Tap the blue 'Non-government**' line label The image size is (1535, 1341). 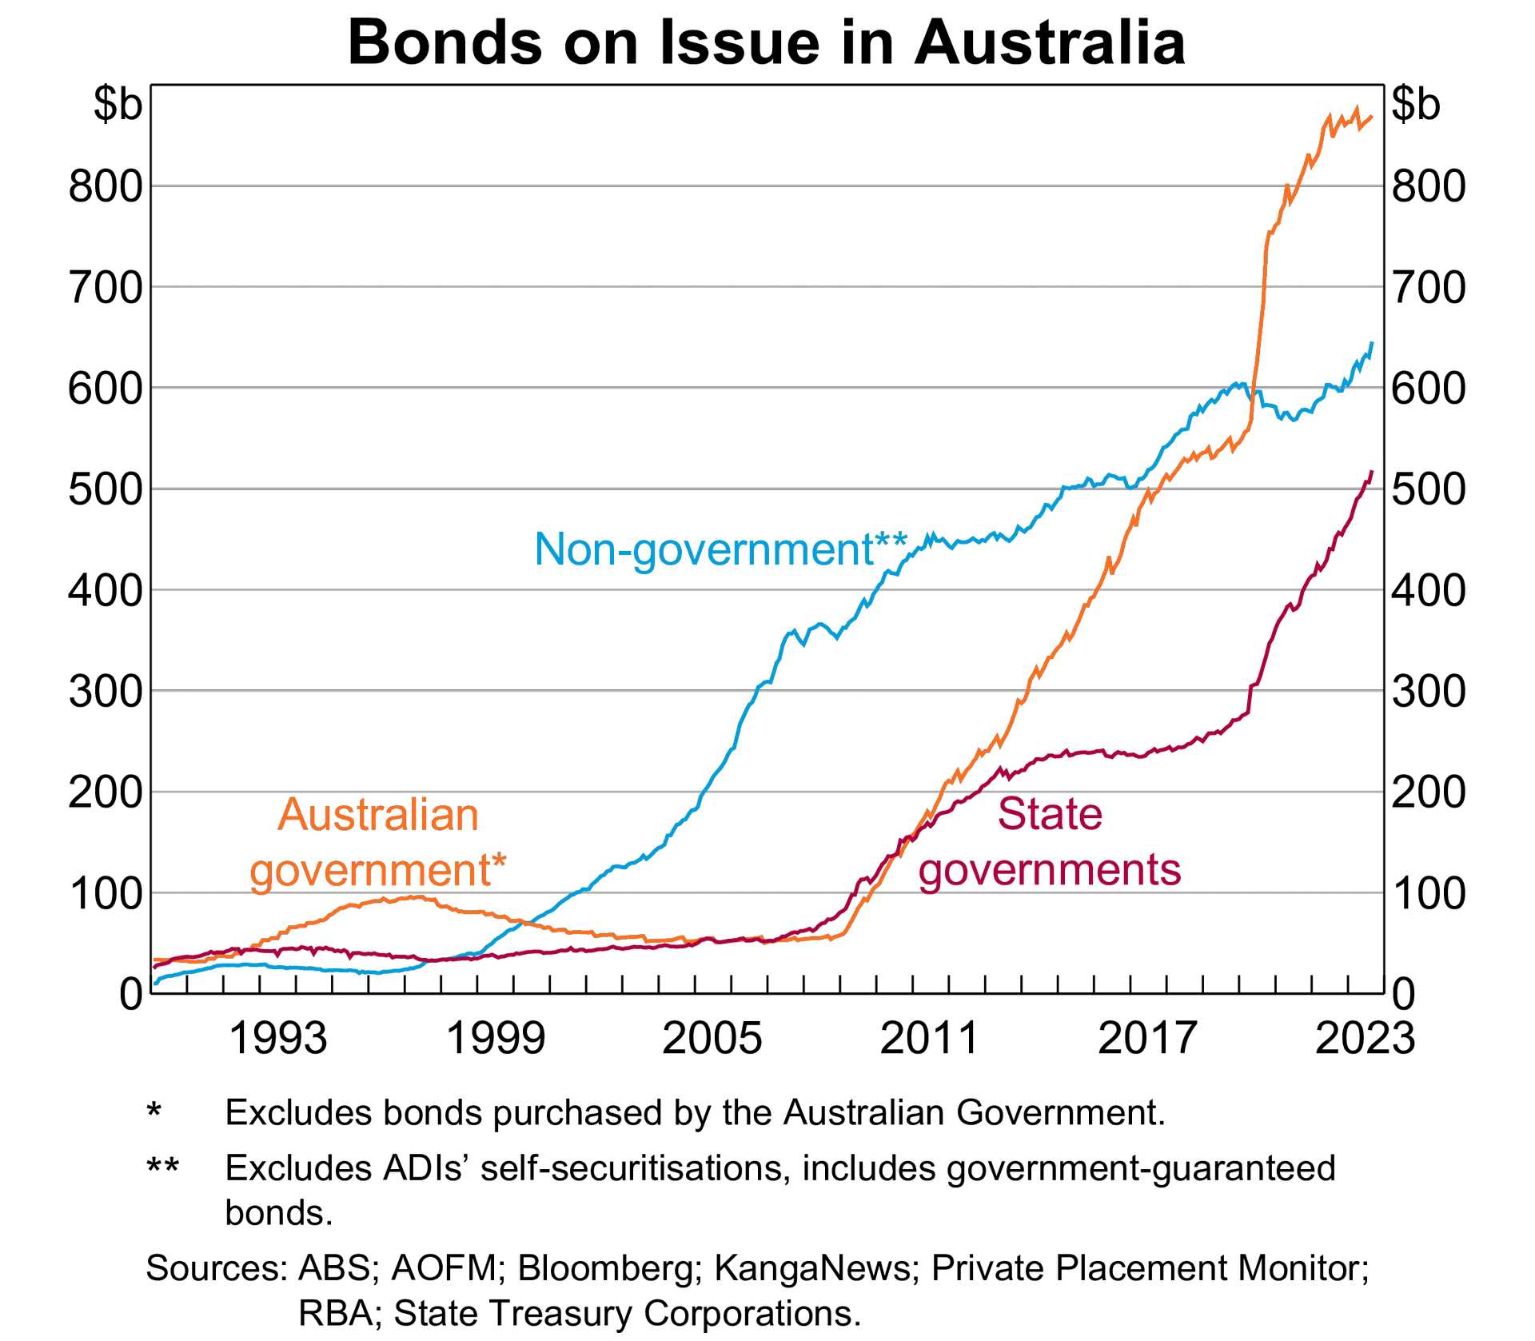point(720,550)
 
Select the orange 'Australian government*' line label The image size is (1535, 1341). point(378,842)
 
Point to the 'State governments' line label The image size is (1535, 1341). point(1049,842)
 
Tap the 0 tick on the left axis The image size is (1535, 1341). point(130,995)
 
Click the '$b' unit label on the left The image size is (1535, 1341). point(118,104)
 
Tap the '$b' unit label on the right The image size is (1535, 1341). point(1416,104)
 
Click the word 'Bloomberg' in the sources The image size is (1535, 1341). point(606,1268)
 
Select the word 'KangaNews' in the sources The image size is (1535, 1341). point(815,1268)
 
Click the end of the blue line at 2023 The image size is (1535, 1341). point(1372,344)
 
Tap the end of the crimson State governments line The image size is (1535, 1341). point(1372,473)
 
